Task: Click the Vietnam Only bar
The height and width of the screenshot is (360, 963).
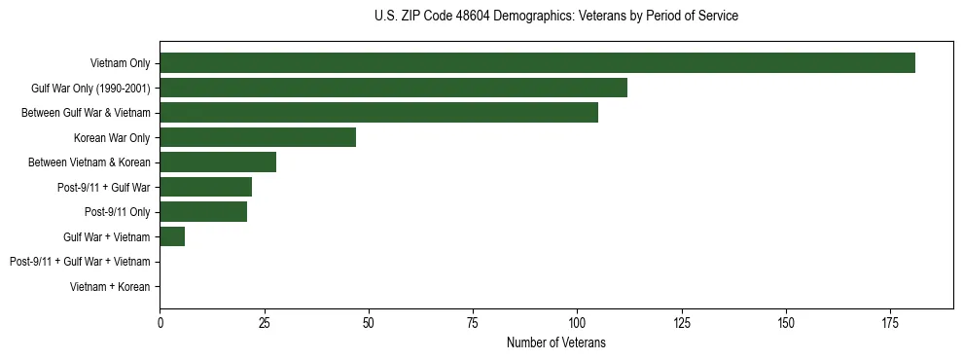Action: [x=537, y=63]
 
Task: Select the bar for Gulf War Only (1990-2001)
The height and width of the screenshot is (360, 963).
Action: [x=393, y=88]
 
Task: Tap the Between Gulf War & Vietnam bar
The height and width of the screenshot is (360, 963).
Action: [x=378, y=113]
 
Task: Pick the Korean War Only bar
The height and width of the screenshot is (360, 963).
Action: [x=258, y=137]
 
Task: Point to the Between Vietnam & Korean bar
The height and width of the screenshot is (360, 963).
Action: [x=218, y=162]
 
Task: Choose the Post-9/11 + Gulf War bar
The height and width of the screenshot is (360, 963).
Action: [x=205, y=187]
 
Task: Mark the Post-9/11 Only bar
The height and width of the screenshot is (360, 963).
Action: [x=203, y=212]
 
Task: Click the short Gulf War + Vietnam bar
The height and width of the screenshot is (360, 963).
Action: [x=172, y=236]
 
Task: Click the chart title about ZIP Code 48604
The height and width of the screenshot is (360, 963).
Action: [x=555, y=17]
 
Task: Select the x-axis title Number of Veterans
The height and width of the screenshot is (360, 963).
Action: [x=555, y=342]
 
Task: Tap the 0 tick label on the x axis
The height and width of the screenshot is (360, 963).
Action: [x=160, y=322]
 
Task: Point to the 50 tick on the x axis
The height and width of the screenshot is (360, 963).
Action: [x=369, y=322]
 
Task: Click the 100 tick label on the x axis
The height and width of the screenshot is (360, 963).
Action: [x=577, y=322]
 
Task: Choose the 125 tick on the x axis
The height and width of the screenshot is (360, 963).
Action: [x=681, y=322]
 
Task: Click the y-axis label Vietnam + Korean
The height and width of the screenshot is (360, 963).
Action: [x=110, y=287]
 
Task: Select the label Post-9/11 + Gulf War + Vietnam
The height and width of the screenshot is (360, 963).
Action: [x=79, y=262]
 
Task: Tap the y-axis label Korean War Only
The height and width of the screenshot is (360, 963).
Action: [x=112, y=137]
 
